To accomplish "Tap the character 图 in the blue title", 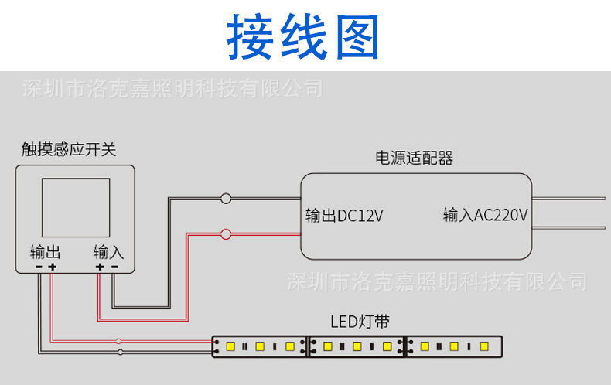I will (x=353, y=37).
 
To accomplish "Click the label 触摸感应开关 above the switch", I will (x=69, y=150).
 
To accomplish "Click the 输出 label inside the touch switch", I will (x=45, y=252).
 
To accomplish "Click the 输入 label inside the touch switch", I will (x=108, y=252).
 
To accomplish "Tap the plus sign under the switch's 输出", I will (x=52, y=267).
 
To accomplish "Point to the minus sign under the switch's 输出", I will (x=38, y=267).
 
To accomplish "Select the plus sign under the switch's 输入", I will (x=99, y=267).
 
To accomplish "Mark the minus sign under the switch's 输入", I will (x=114, y=267).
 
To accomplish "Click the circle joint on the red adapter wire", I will (x=226, y=233).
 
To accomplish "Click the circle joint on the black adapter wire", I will (x=226, y=199).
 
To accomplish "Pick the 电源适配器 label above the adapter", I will (x=414, y=158).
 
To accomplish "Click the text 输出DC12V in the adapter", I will (x=344, y=216).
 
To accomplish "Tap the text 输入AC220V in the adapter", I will (x=485, y=215).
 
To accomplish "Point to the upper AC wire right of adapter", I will (x=568, y=199).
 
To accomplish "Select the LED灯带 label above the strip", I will (x=360, y=322).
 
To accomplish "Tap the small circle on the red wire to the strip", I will (x=118, y=341).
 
